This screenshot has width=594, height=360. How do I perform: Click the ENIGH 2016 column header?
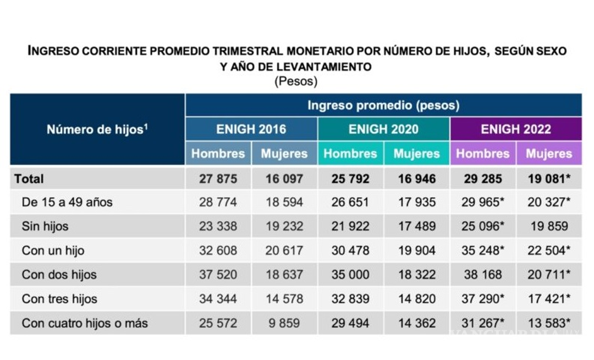click(251, 129)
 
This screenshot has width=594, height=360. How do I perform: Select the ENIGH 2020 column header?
click(383, 129)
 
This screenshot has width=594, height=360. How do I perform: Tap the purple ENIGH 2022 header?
click(516, 129)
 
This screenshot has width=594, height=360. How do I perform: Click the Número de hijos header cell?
click(97, 130)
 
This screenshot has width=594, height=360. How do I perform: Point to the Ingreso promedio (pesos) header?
click(383, 105)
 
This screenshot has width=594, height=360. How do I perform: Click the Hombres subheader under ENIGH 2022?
click(483, 154)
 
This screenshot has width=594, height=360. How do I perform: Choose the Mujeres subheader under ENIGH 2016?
click(284, 154)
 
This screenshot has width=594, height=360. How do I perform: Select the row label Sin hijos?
click(45, 226)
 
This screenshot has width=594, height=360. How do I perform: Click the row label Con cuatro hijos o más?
click(85, 323)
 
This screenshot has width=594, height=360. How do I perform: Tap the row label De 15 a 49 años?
click(67, 202)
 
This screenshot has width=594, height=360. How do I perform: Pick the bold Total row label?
click(29, 178)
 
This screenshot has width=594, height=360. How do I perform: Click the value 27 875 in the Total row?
click(218, 178)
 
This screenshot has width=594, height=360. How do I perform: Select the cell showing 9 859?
click(284, 323)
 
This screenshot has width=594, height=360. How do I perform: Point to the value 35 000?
click(350, 275)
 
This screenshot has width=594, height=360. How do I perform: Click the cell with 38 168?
click(483, 275)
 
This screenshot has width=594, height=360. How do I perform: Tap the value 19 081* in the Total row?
click(548, 178)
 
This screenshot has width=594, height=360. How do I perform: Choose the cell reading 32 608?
click(218, 250)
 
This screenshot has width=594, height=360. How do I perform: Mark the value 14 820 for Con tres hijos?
click(416, 299)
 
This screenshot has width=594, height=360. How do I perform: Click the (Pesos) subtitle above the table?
click(296, 81)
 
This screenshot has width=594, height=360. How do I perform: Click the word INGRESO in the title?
click(53, 51)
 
